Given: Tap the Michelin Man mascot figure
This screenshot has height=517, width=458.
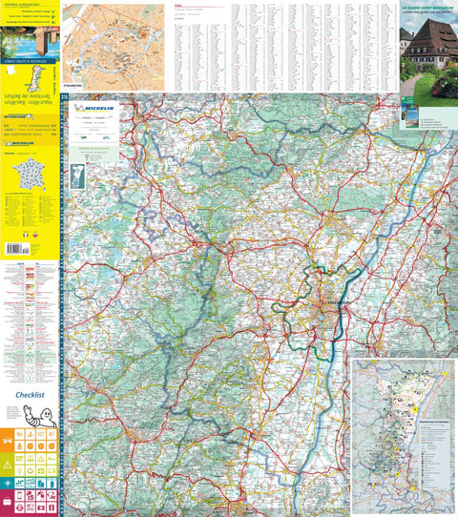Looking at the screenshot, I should point(45,415).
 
